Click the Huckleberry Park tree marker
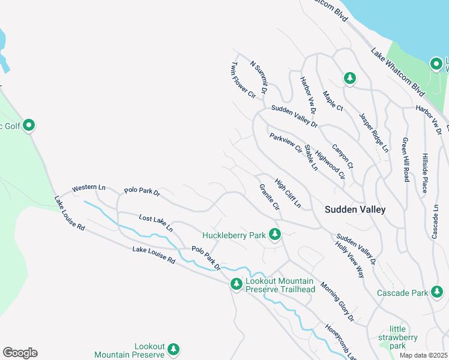(x=275, y=234)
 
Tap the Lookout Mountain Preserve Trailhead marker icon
(x=237, y=283)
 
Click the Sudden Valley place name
(x=355, y=209)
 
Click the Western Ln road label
(x=88, y=188)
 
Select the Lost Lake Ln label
(x=155, y=223)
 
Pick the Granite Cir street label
(x=270, y=197)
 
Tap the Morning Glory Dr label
(x=337, y=301)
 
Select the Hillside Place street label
(x=424, y=172)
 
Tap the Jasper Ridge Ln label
(x=374, y=132)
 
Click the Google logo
(x=20, y=353)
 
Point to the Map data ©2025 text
(x=424, y=355)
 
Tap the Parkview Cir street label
(x=285, y=143)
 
